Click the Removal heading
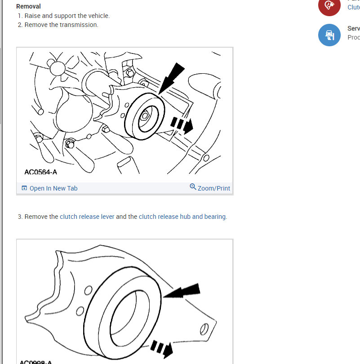pyautogui.click(x=28, y=7)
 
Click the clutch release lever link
pyautogui.click(x=87, y=217)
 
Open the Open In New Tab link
pyautogui.click(x=53, y=188)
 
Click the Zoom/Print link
pyautogui.click(x=213, y=188)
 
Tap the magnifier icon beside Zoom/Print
pyautogui.click(x=193, y=187)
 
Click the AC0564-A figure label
pyautogui.click(x=41, y=172)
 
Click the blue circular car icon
pyautogui.click(x=329, y=35)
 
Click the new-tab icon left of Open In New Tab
pyautogui.click(x=24, y=188)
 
